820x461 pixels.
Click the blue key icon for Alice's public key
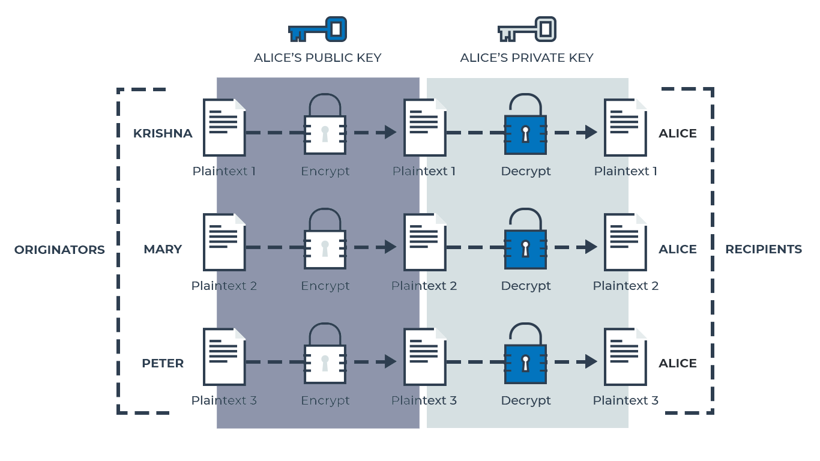click(x=318, y=29)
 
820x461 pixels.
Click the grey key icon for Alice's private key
click(x=526, y=29)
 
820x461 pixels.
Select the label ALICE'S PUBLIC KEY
click(x=318, y=58)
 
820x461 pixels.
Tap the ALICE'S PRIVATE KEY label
click(x=526, y=58)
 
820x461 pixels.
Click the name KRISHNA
click(x=163, y=133)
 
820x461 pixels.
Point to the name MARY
click(x=163, y=249)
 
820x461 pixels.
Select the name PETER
click(x=163, y=363)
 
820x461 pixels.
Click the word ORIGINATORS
click(x=59, y=250)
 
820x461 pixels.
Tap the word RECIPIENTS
click(x=763, y=249)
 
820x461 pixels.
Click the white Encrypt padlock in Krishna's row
click(x=325, y=130)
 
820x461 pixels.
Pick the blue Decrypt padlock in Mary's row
click(x=525, y=244)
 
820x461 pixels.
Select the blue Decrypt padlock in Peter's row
click(x=525, y=359)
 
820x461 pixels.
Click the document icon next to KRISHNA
click(x=224, y=127)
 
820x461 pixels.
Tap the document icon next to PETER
click(x=224, y=356)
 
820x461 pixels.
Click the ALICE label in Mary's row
click(x=677, y=249)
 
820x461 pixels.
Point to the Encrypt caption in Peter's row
click(x=325, y=400)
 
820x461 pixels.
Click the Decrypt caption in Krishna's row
click(x=525, y=171)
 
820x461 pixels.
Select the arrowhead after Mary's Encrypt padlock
click(x=390, y=247)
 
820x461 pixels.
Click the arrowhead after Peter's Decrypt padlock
click(x=591, y=361)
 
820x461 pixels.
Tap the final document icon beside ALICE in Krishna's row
click(x=625, y=127)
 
